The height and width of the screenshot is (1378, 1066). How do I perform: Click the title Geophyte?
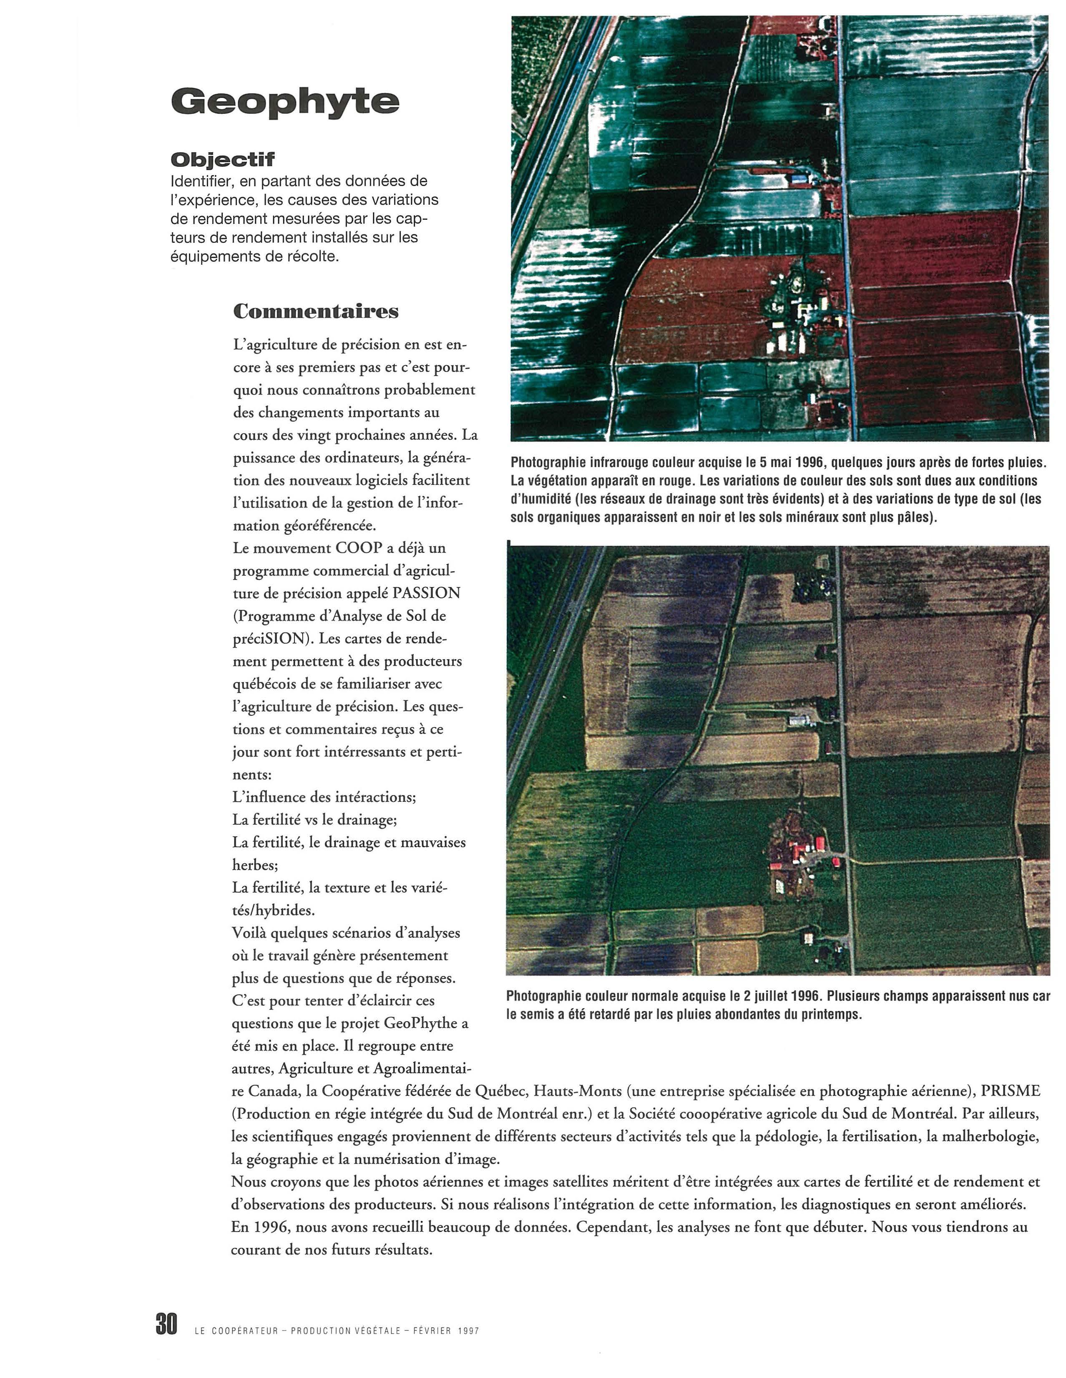[x=285, y=101]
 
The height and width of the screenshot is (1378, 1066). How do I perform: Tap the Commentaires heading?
[x=316, y=311]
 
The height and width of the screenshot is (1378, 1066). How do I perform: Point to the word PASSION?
[x=427, y=593]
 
